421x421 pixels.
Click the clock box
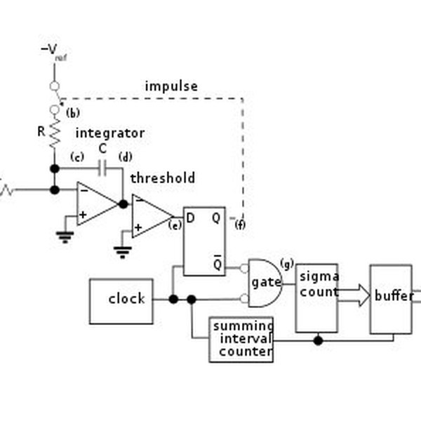(x=121, y=300)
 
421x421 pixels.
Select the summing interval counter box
(x=241, y=340)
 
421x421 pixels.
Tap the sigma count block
(x=316, y=298)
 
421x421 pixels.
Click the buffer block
(x=391, y=298)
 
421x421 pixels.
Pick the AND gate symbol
(x=265, y=282)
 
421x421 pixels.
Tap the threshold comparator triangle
(x=150, y=215)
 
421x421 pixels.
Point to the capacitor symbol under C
(x=102, y=168)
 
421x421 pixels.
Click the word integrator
(x=109, y=133)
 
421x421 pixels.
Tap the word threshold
(x=162, y=178)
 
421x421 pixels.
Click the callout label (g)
(x=286, y=263)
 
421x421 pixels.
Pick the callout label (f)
(x=240, y=225)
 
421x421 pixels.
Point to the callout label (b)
(x=73, y=113)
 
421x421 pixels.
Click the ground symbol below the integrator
(x=65, y=236)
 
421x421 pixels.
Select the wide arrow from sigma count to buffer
(x=354, y=295)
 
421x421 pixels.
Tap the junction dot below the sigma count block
(x=318, y=340)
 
